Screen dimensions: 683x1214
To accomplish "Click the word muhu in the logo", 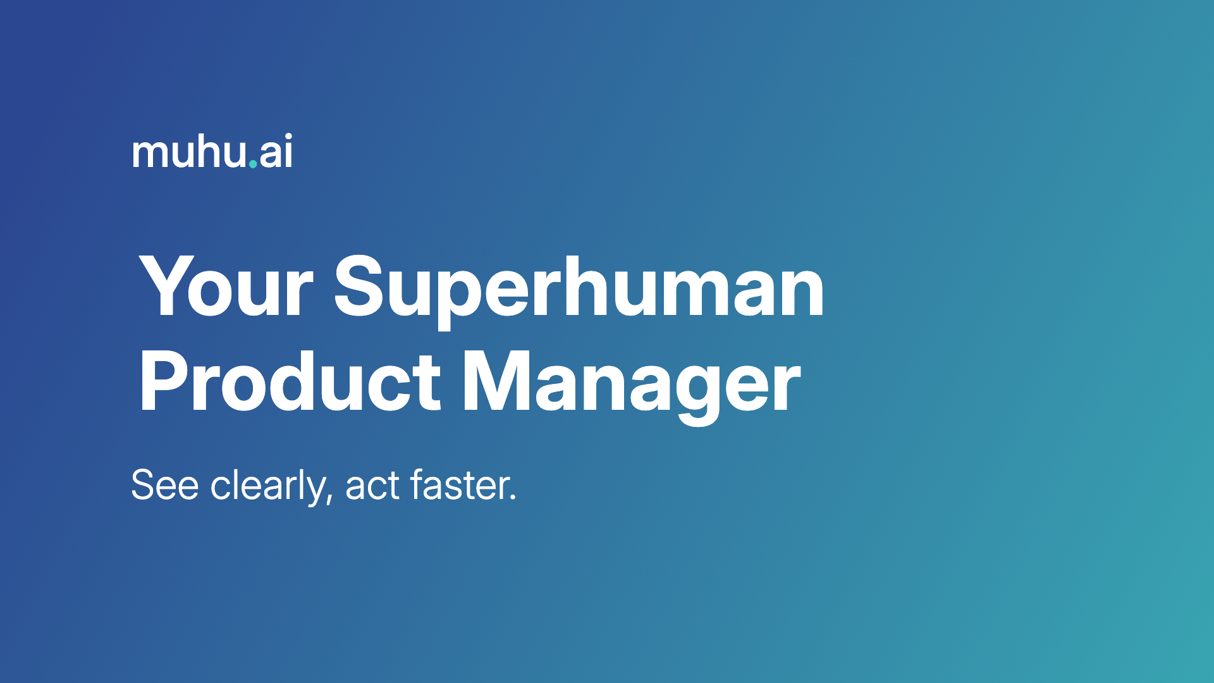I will pyautogui.click(x=189, y=152).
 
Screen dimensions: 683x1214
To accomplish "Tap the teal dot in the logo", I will pyautogui.click(x=253, y=164).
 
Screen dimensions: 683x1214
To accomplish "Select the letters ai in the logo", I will pyautogui.click(x=276, y=152).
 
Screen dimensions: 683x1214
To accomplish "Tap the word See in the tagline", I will pyautogui.click(x=165, y=486).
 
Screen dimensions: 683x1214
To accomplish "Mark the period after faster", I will pyautogui.click(x=513, y=499).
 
